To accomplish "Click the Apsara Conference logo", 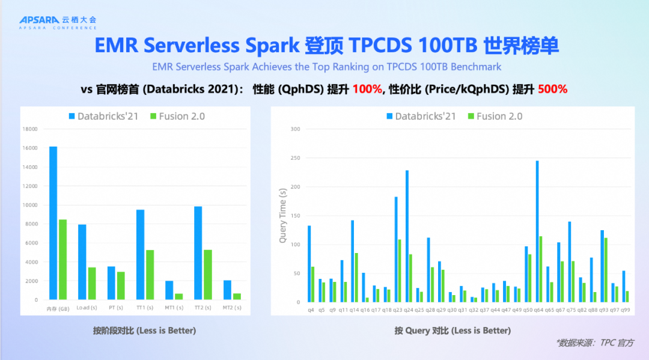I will (x=57, y=22).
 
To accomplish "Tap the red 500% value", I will (x=552, y=89).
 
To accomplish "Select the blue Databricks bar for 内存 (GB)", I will (x=53, y=223).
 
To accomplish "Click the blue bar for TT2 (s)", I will (x=198, y=253).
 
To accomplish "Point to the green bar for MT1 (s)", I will (x=179, y=296).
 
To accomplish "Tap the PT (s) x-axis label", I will (x=115, y=308).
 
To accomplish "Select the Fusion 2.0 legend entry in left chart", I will (x=177, y=116).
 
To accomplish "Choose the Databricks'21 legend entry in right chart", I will (x=421, y=116).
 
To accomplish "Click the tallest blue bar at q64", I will (x=537, y=231).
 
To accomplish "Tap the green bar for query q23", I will (x=400, y=271).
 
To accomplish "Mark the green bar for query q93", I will (x=606, y=270).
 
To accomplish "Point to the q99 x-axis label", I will (x=626, y=310).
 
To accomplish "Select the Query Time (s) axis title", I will (x=282, y=215).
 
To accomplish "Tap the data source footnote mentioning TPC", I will (x=594, y=343).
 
